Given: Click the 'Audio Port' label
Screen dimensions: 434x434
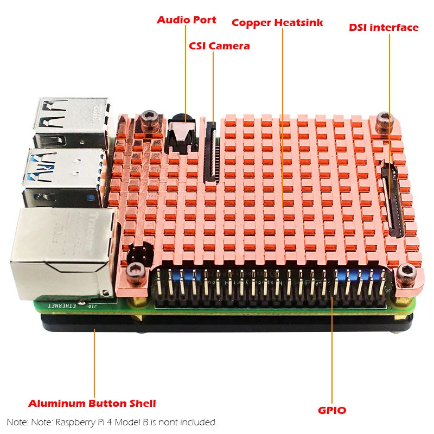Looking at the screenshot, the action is coord(186,20).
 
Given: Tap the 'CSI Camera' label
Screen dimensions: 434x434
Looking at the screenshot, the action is coord(219,46).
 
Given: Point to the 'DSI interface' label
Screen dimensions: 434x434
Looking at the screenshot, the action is coord(384,27).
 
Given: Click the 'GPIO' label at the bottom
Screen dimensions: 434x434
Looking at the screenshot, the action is coord(333,410).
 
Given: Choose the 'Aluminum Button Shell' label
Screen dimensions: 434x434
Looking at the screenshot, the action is coord(92,403).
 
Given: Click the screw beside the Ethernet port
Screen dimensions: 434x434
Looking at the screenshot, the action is coord(132,271).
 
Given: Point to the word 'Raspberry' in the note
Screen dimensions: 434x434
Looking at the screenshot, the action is coord(75,422).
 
